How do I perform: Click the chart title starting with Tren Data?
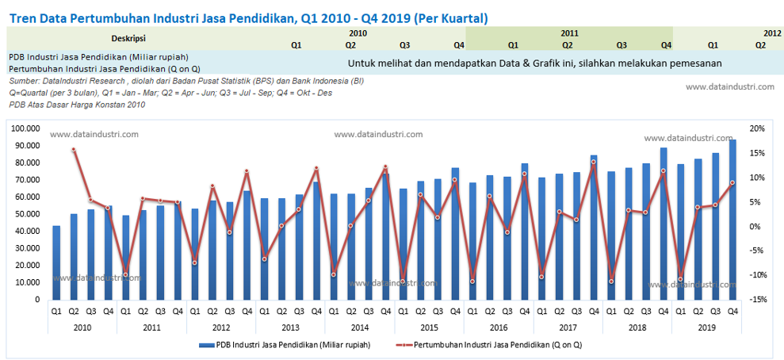[248, 17]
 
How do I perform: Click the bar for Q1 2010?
[56, 262]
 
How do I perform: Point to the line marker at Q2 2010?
[74, 149]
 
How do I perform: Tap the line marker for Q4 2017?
[594, 162]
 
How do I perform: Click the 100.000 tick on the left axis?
[27, 128]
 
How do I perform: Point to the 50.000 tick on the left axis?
[29, 214]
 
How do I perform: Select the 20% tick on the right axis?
[756, 128]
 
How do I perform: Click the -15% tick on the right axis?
[756, 300]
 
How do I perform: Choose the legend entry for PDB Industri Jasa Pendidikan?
[290, 345]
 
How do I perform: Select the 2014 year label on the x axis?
[359, 327]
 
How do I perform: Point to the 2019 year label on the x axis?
[706, 327]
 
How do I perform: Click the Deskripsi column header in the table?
[128, 38]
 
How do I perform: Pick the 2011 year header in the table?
[568, 33]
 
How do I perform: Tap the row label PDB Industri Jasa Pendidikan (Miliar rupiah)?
[98, 57]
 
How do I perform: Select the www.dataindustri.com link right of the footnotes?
[730, 87]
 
